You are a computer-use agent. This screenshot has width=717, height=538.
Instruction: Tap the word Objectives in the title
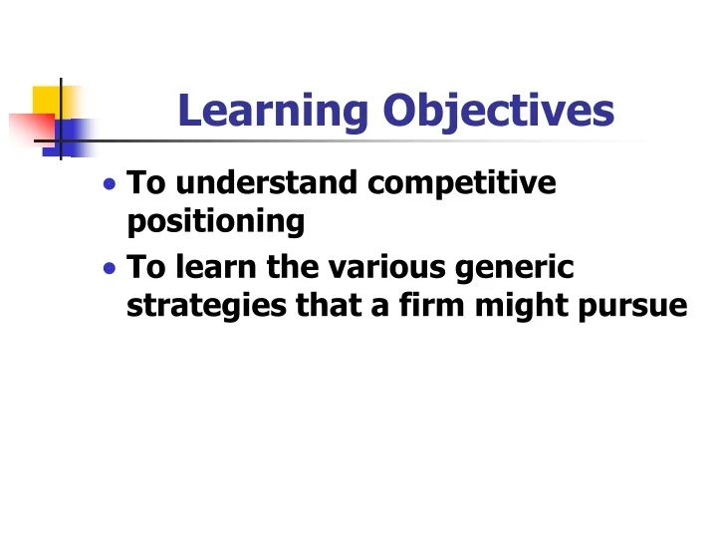coord(498,113)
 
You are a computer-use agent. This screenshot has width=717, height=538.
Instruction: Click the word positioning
coord(216,222)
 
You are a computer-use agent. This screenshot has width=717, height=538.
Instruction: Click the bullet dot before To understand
coord(109,185)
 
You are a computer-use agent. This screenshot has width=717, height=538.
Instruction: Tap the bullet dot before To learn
coord(109,269)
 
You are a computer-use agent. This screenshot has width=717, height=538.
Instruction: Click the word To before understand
coord(147,184)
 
